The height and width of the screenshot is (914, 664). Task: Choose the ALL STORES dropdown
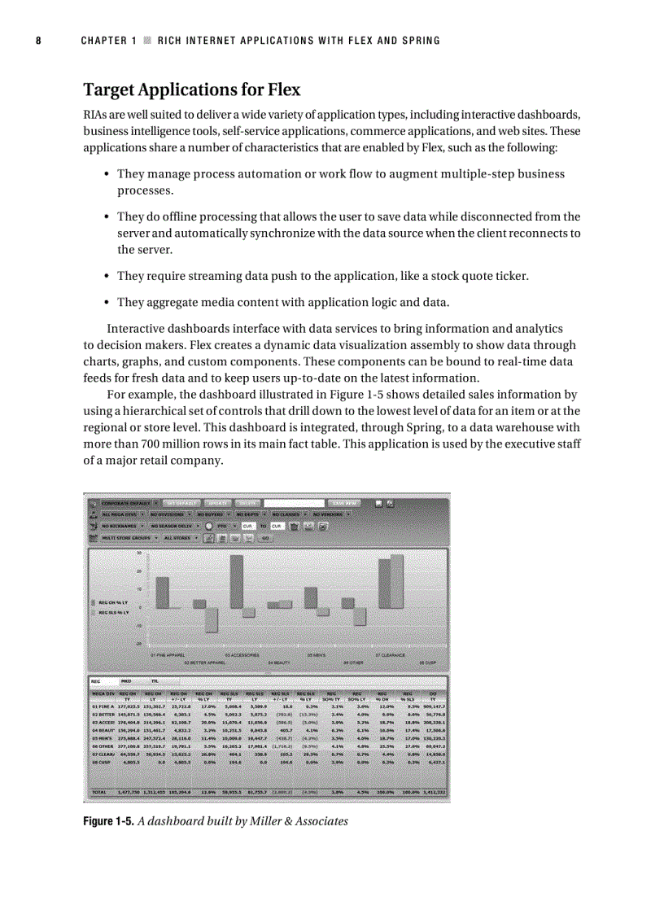pos(179,538)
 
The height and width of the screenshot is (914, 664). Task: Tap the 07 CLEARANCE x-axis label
pos(390,654)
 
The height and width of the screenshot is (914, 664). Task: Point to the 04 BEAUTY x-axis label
pos(279,663)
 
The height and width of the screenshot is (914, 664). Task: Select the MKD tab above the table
pos(127,680)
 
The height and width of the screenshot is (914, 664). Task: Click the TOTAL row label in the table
pos(100,791)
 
